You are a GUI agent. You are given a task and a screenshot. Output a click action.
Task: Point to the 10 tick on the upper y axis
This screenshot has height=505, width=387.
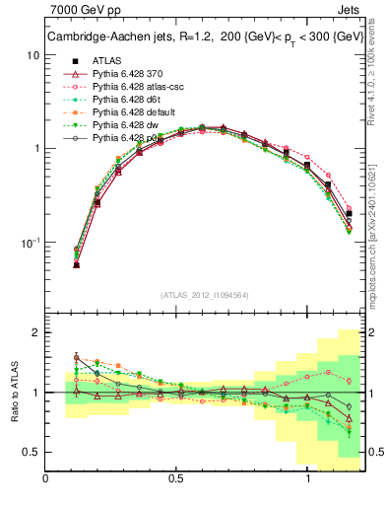click(32, 55)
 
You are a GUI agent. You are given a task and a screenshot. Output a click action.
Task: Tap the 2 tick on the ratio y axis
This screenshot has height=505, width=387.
click(35, 332)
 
